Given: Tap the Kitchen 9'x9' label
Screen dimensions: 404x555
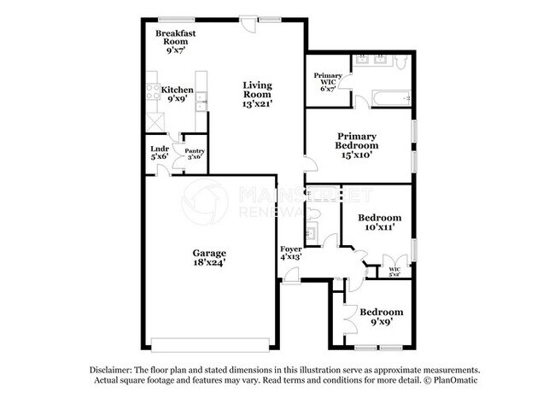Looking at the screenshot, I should pyautogui.click(x=178, y=94).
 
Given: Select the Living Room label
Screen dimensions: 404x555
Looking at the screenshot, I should pyautogui.click(x=258, y=92).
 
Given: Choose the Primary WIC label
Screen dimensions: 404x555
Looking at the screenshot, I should pyautogui.click(x=329, y=82).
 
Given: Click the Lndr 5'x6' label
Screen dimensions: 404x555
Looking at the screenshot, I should pyautogui.click(x=160, y=154).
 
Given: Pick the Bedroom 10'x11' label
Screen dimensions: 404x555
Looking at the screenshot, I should pyautogui.click(x=379, y=223).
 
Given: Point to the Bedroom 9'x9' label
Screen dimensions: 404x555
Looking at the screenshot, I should pyautogui.click(x=380, y=317).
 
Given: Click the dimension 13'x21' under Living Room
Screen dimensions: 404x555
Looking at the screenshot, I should pyautogui.click(x=258, y=102).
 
